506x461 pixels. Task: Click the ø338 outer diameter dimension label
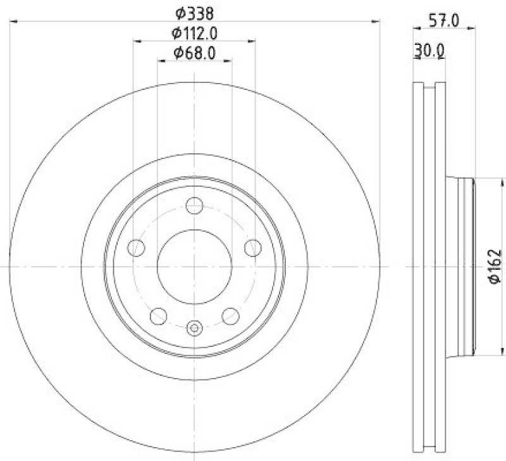tap(194, 12)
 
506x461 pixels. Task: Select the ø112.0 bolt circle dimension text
tap(194, 32)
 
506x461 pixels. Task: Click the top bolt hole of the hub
tap(194, 206)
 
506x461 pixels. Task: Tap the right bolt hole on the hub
tap(252, 248)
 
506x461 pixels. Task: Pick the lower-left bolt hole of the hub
tap(158, 315)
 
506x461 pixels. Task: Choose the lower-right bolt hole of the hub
tap(230, 315)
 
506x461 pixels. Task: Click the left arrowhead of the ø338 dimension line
tap(13, 22)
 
